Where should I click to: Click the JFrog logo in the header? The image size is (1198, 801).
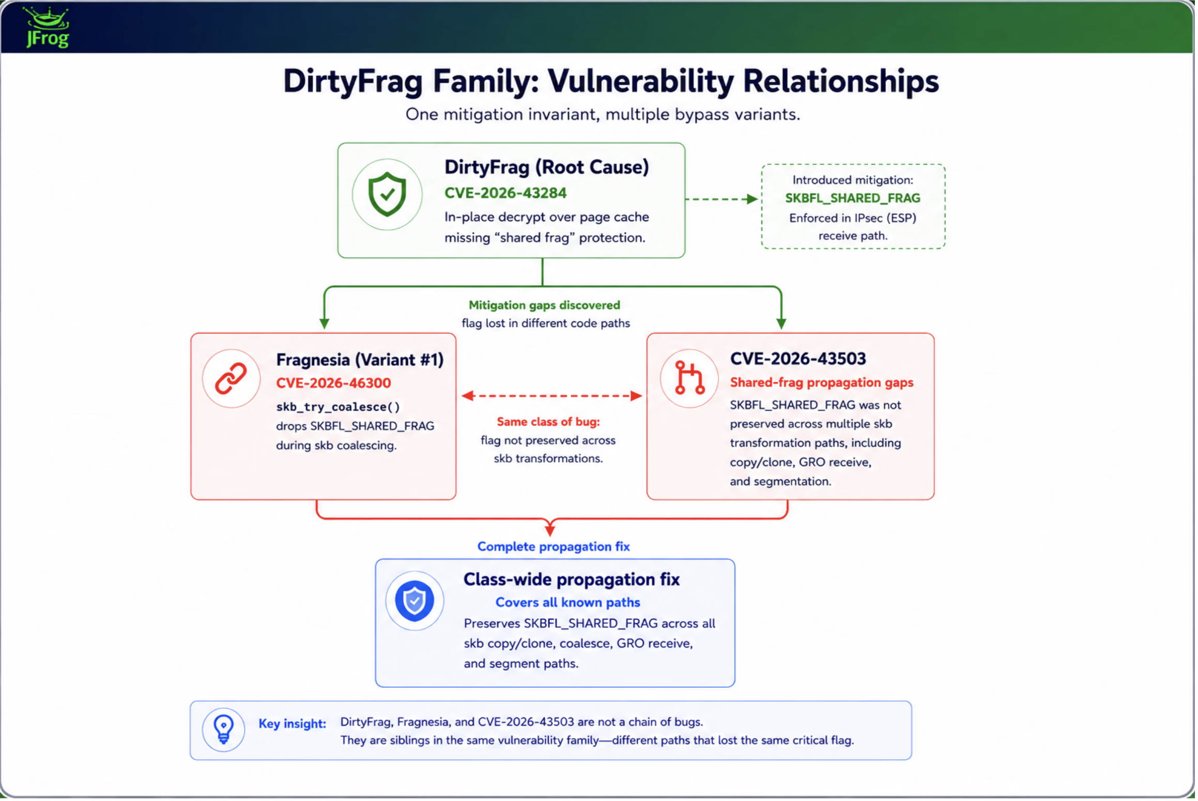click(47, 27)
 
